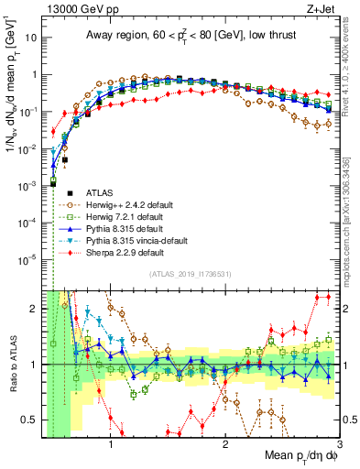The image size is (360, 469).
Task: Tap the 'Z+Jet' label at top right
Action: coord(321,8)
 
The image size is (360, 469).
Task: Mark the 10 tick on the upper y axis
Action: coord(32,38)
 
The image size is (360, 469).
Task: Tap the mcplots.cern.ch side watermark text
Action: coord(353,229)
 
